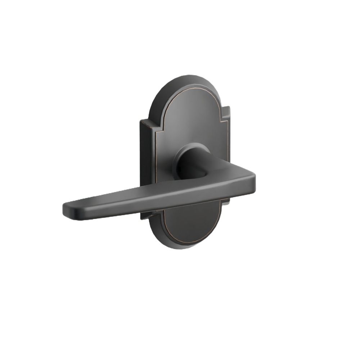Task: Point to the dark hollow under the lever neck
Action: pos(200,176)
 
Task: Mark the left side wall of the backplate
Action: pos(144,162)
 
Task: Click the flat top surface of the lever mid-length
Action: pos(151,193)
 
